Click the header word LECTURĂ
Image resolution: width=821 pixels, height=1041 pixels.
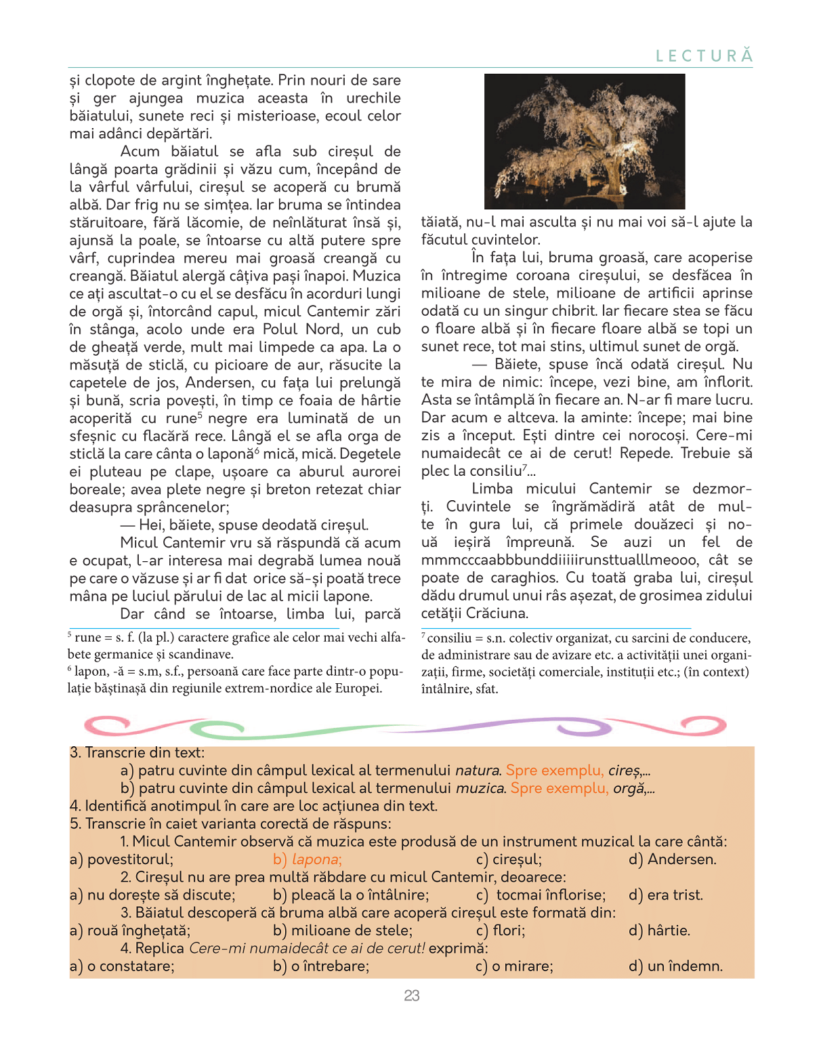point(704,56)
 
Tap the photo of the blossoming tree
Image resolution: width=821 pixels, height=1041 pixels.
point(585,141)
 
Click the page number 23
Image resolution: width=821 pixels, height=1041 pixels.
point(412,996)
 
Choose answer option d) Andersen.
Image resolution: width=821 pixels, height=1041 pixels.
point(672,859)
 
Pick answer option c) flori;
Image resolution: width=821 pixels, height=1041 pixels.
point(501,931)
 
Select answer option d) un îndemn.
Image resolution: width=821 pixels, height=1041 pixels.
point(675,966)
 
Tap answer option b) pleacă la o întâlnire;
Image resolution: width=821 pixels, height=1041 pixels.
point(351,895)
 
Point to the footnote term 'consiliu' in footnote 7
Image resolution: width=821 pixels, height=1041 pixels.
point(449,638)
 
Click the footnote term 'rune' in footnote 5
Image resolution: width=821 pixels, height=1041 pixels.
point(88,638)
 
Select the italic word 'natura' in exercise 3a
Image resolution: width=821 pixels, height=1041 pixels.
point(478,771)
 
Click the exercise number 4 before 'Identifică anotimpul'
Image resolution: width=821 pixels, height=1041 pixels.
point(74,806)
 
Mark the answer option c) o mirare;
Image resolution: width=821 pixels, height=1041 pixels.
point(514,966)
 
